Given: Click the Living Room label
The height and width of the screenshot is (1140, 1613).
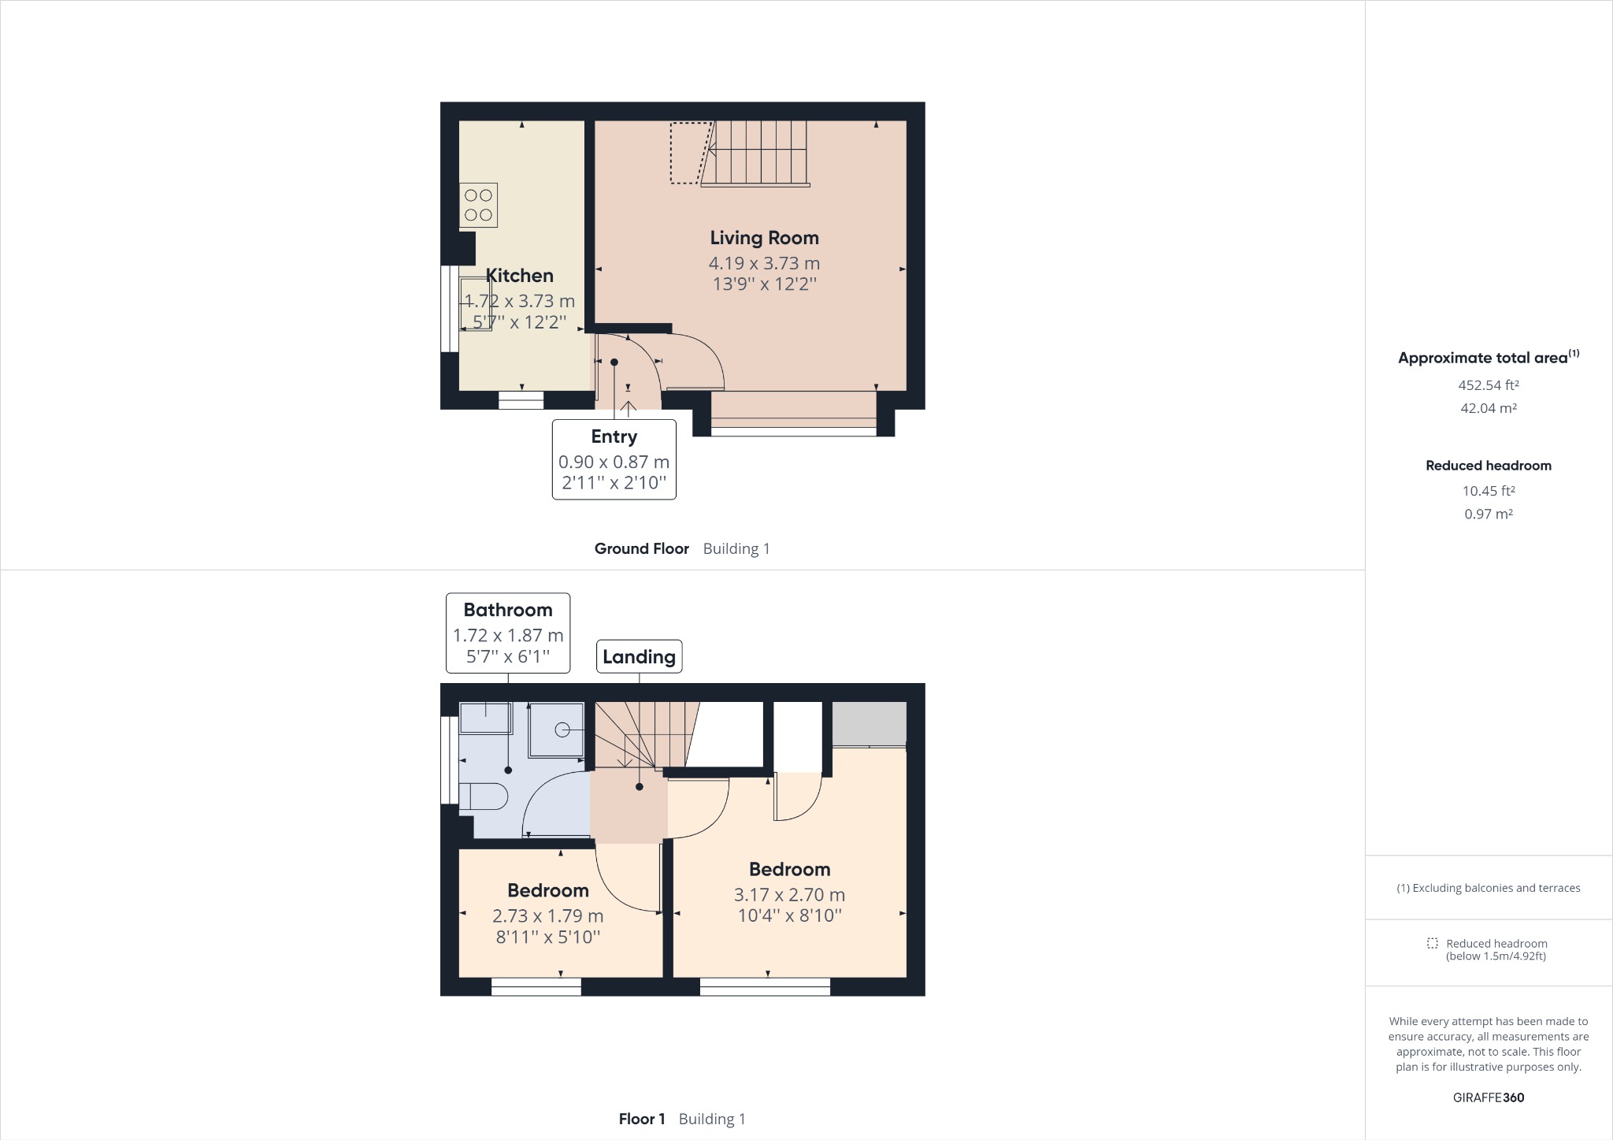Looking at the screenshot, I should [764, 238].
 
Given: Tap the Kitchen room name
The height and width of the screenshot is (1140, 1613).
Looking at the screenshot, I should [519, 276].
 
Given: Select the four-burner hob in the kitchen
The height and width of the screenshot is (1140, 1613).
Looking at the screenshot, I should [478, 205].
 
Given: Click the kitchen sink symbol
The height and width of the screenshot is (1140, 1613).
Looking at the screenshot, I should [475, 303].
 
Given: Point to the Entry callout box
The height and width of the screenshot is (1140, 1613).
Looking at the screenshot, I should [614, 459].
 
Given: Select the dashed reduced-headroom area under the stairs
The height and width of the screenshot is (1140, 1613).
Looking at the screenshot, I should [688, 153].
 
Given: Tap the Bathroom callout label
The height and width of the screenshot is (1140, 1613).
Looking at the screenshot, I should [508, 610].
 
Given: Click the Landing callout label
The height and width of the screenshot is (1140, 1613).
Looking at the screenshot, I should [639, 656].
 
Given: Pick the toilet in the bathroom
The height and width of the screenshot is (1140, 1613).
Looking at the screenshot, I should [483, 797].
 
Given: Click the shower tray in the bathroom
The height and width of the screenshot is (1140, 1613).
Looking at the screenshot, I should [557, 730].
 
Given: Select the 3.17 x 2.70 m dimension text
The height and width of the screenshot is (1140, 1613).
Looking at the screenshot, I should [789, 895].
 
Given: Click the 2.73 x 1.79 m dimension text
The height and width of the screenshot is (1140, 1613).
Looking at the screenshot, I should [547, 916].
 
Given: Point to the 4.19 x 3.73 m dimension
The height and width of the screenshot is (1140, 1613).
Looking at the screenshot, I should [764, 263].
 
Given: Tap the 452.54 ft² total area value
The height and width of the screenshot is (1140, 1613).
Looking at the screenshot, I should [1488, 385].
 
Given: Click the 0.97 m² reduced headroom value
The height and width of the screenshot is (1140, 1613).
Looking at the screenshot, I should [1488, 514].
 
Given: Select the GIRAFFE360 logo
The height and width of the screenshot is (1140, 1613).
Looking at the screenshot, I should [1488, 1097].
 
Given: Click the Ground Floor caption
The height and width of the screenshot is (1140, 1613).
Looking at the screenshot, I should [641, 549].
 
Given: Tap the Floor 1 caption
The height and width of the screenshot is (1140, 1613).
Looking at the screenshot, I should [642, 1119].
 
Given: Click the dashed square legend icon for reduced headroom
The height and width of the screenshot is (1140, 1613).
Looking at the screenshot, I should [1432, 944].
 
